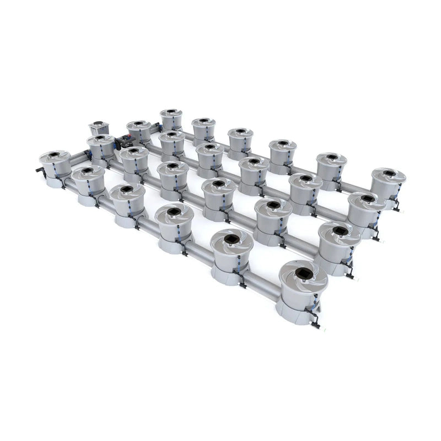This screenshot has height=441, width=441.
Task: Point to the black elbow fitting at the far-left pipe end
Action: pos(39,170)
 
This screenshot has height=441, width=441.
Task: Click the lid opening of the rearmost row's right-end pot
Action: pos(389,173)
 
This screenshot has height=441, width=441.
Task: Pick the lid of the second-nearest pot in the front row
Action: pos(232,240)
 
